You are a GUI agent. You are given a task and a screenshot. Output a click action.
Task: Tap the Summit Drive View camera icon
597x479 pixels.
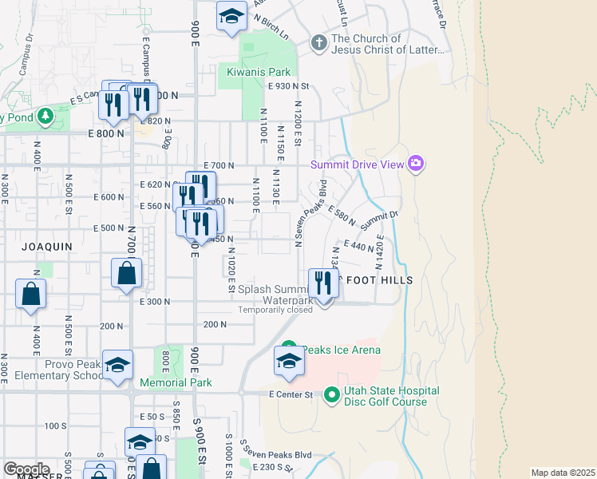[415, 164]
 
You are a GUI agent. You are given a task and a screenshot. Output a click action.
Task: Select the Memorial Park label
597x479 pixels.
[176, 382]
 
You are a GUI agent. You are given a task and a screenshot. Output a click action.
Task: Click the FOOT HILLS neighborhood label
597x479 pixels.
[379, 280]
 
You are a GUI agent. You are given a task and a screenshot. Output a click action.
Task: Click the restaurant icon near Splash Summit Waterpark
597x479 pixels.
[323, 283]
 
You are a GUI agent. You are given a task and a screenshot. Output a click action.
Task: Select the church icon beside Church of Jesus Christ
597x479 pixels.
[318, 43]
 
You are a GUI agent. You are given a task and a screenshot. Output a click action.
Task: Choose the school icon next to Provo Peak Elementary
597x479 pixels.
[117, 366]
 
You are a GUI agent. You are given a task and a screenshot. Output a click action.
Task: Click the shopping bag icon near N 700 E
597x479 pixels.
[127, 274]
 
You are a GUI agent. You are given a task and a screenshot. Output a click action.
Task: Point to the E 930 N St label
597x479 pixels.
[288, 85]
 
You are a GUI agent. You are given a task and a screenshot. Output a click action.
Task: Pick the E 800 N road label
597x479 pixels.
[107, 133]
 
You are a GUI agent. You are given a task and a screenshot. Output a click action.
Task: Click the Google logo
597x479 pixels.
[26, 469]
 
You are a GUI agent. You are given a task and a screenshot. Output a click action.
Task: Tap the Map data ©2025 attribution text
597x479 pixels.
[563, 473]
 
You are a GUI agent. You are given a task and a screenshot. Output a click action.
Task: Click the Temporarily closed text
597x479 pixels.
[275, 310]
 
